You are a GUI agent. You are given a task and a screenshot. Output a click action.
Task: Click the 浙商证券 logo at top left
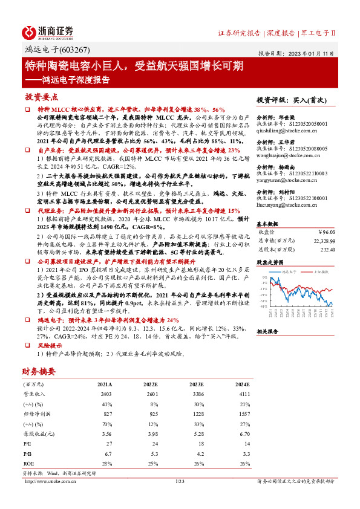click(x=48, y=31)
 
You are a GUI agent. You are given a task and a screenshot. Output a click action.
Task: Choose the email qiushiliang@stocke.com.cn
click(x=292, y=129)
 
